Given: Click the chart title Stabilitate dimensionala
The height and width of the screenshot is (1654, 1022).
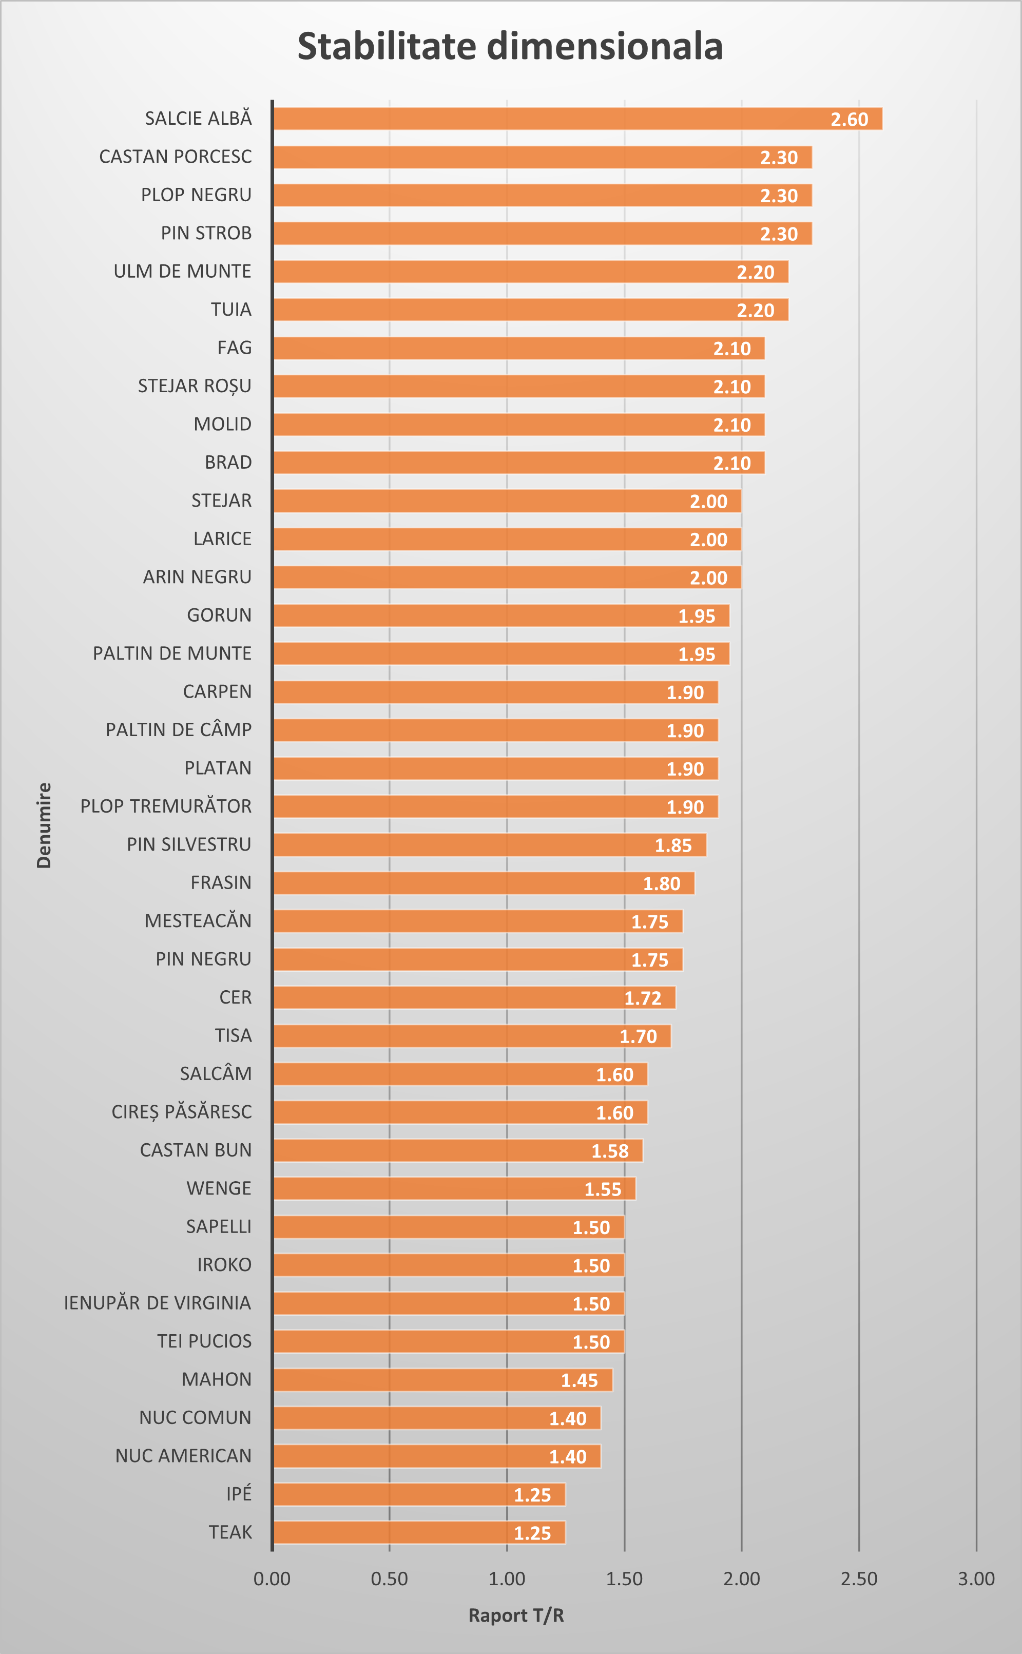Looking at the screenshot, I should [x=510, y=47].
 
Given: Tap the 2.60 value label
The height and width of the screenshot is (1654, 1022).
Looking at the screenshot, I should [x=849, y=120].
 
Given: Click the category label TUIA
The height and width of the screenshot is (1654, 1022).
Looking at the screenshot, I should [x=230, y=310].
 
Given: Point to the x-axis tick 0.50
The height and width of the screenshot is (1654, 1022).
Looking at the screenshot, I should [x=389, y=1579].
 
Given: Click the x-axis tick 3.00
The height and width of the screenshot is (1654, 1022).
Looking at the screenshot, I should [x=976, y=1579].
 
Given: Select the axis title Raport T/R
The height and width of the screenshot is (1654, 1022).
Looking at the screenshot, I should [x=516, y=1615].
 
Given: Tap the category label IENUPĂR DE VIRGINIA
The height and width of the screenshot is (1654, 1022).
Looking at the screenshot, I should [x=158, y=1303].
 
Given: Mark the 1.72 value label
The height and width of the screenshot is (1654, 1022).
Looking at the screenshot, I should [x=642, y=998].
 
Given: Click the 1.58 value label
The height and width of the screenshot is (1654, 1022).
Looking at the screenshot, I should [x=610, y=1151].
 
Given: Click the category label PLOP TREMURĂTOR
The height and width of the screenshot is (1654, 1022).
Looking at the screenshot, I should [x=166, y=806].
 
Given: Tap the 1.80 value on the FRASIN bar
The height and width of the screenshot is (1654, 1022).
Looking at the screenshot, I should [x=661, y=883].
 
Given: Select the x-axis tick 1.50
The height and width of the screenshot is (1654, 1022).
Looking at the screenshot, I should [x=624, y=1579].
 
